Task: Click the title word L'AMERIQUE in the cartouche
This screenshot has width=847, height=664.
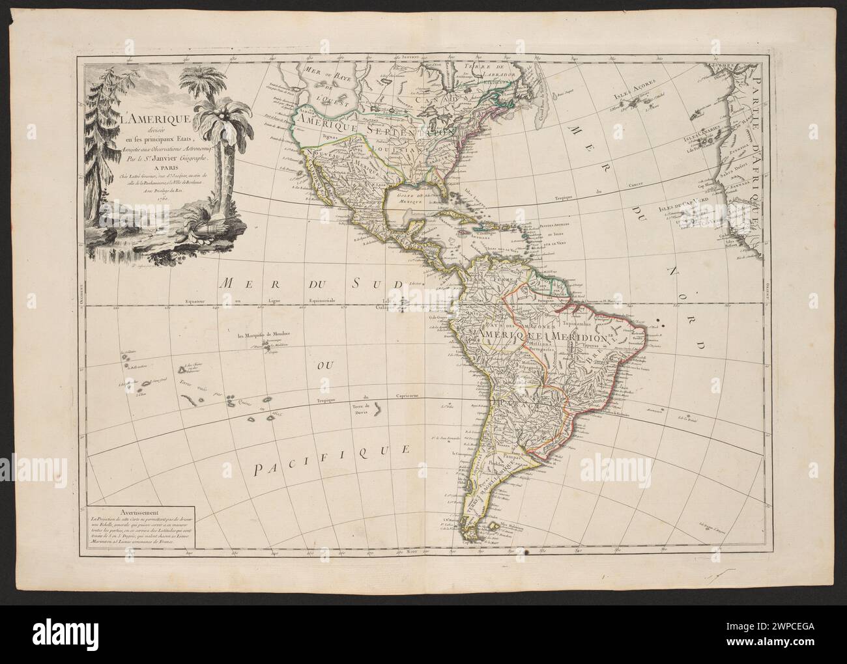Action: (x=154, y=119)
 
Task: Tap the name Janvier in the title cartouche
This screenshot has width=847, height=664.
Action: (x=175, y=156)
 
